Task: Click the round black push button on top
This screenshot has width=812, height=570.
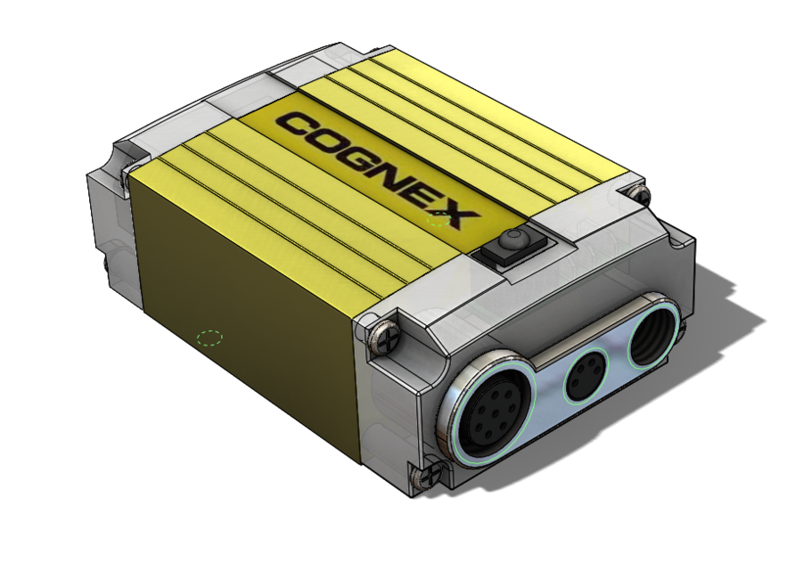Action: click(513, 239)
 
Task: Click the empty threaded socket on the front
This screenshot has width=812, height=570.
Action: click(655, 333)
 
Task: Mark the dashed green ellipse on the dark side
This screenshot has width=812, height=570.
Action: click(209, 338)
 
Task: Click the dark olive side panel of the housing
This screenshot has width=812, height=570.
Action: click(241, 303)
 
